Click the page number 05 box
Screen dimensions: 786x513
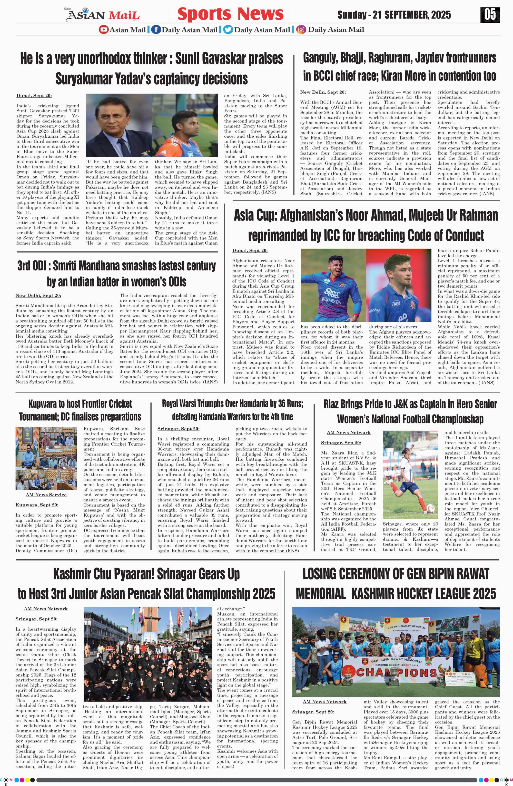pyautogui.click(x=490, y=15)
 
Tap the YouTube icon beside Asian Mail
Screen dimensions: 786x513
pyautogui.click(x=103, y=30)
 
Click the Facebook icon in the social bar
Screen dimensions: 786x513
pyautogui.click(x=156, y=30)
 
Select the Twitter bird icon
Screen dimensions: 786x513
pyautogui.click(x=228, y=30)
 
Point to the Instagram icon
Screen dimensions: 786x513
pyautogui.click(x=301, y=30)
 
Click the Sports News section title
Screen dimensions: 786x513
pyautogui.click(x=230, y=14)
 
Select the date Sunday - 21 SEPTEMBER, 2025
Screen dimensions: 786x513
pyautogui.click(x=394, y=15)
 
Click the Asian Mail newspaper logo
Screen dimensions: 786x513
pyautogui.click(x=103, y=15)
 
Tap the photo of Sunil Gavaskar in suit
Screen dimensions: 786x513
pyautogui.click(x=118, y=125)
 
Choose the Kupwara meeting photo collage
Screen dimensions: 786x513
pyautogui.click(x=46, y=458)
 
